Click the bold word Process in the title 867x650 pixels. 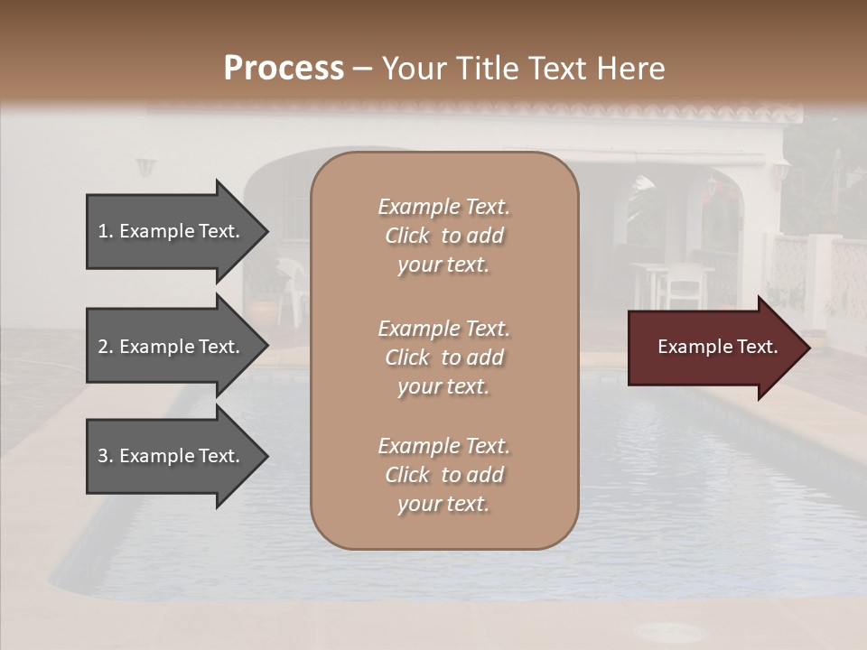284,69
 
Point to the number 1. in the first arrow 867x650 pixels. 106,231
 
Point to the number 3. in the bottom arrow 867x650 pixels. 106,456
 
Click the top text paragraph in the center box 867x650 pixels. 443,236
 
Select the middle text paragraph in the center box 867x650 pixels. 443,357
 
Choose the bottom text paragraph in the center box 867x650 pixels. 443,475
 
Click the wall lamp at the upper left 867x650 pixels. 145,167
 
